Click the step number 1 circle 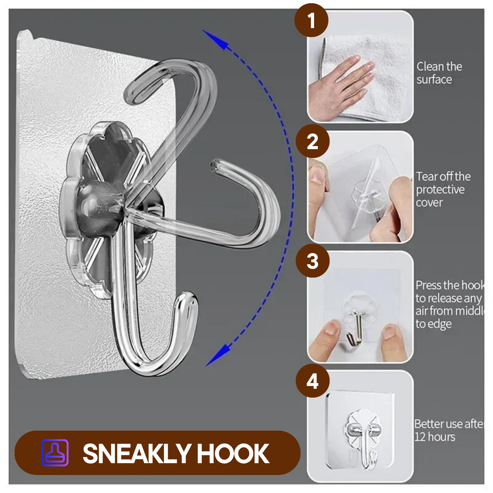[x=311, y=20]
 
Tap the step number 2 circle [x=313, y=141]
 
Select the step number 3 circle [x=313, y=261]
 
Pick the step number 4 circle [x=313, y=381]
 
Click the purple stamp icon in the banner [x=55, y=453]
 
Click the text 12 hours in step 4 [x=435, y=437]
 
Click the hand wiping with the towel [x=339, y=87]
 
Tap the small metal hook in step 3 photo [x=355, y=329]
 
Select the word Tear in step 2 [x=425, y=176]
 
